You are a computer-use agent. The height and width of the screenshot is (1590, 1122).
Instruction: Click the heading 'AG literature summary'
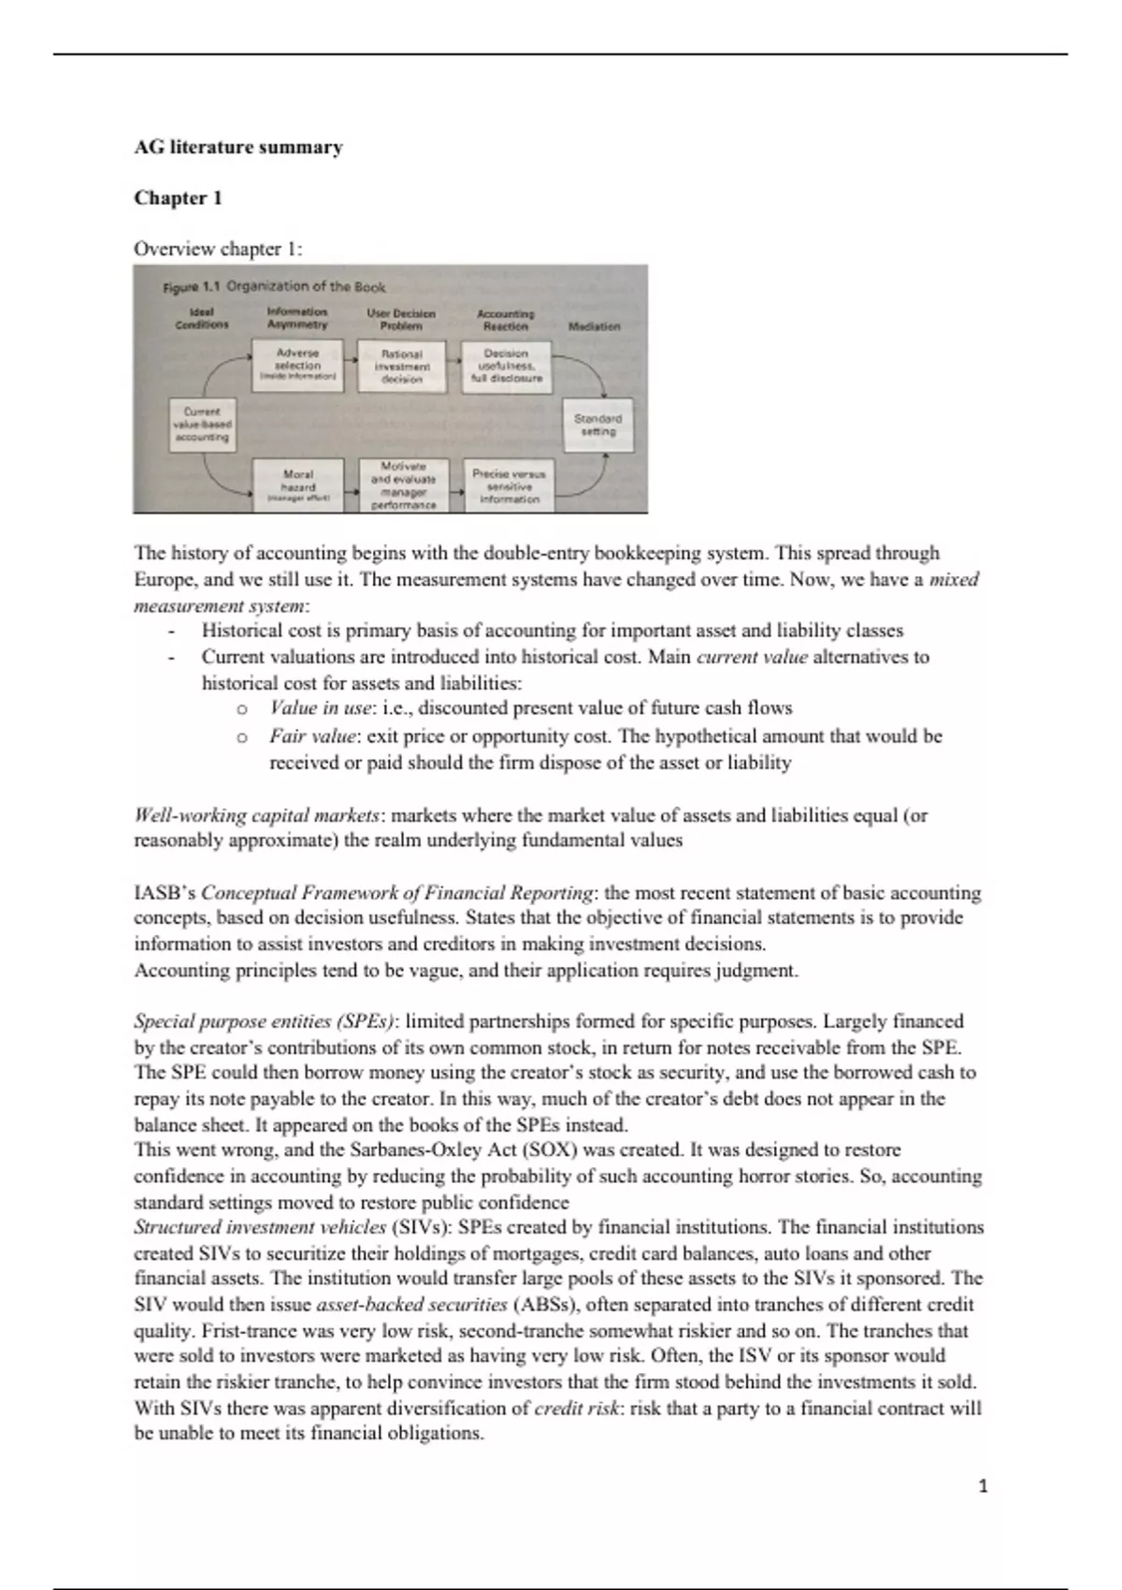coord(238,147)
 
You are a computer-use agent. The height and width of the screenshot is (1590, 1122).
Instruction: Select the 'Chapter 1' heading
coord(178,197)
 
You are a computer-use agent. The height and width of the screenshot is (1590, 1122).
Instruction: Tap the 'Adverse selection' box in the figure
coord(297,366)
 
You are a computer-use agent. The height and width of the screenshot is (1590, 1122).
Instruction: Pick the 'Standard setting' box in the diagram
coord(597,426)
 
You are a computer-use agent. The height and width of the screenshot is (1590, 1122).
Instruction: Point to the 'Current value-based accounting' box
coord(202,424)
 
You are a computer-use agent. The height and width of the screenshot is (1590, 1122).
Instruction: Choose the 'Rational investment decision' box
coord(402,366)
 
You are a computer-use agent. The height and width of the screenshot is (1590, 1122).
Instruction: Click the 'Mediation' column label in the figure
coord(594,326)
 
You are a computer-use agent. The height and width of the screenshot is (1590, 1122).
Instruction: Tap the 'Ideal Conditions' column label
coord(202,318)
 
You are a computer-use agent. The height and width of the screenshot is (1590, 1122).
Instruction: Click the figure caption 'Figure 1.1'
coord(193,287)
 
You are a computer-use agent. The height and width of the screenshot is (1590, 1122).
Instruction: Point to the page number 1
coord(983,1485)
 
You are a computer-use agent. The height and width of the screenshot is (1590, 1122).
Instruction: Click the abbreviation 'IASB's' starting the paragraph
coord(165,892)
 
